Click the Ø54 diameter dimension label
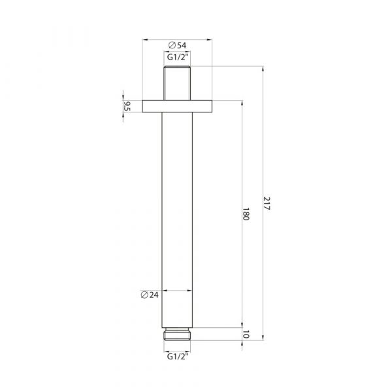click(177, 45)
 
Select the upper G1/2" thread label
click(177, 57)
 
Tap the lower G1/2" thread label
click(177, 356)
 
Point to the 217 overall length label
click(267, 203)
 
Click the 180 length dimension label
click(246, 214)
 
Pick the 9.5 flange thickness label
click(127, 106)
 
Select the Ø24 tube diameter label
click(150, 295)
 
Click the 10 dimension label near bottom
click(246, 334)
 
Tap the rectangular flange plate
click(177, 106)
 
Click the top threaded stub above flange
click(177, 83)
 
